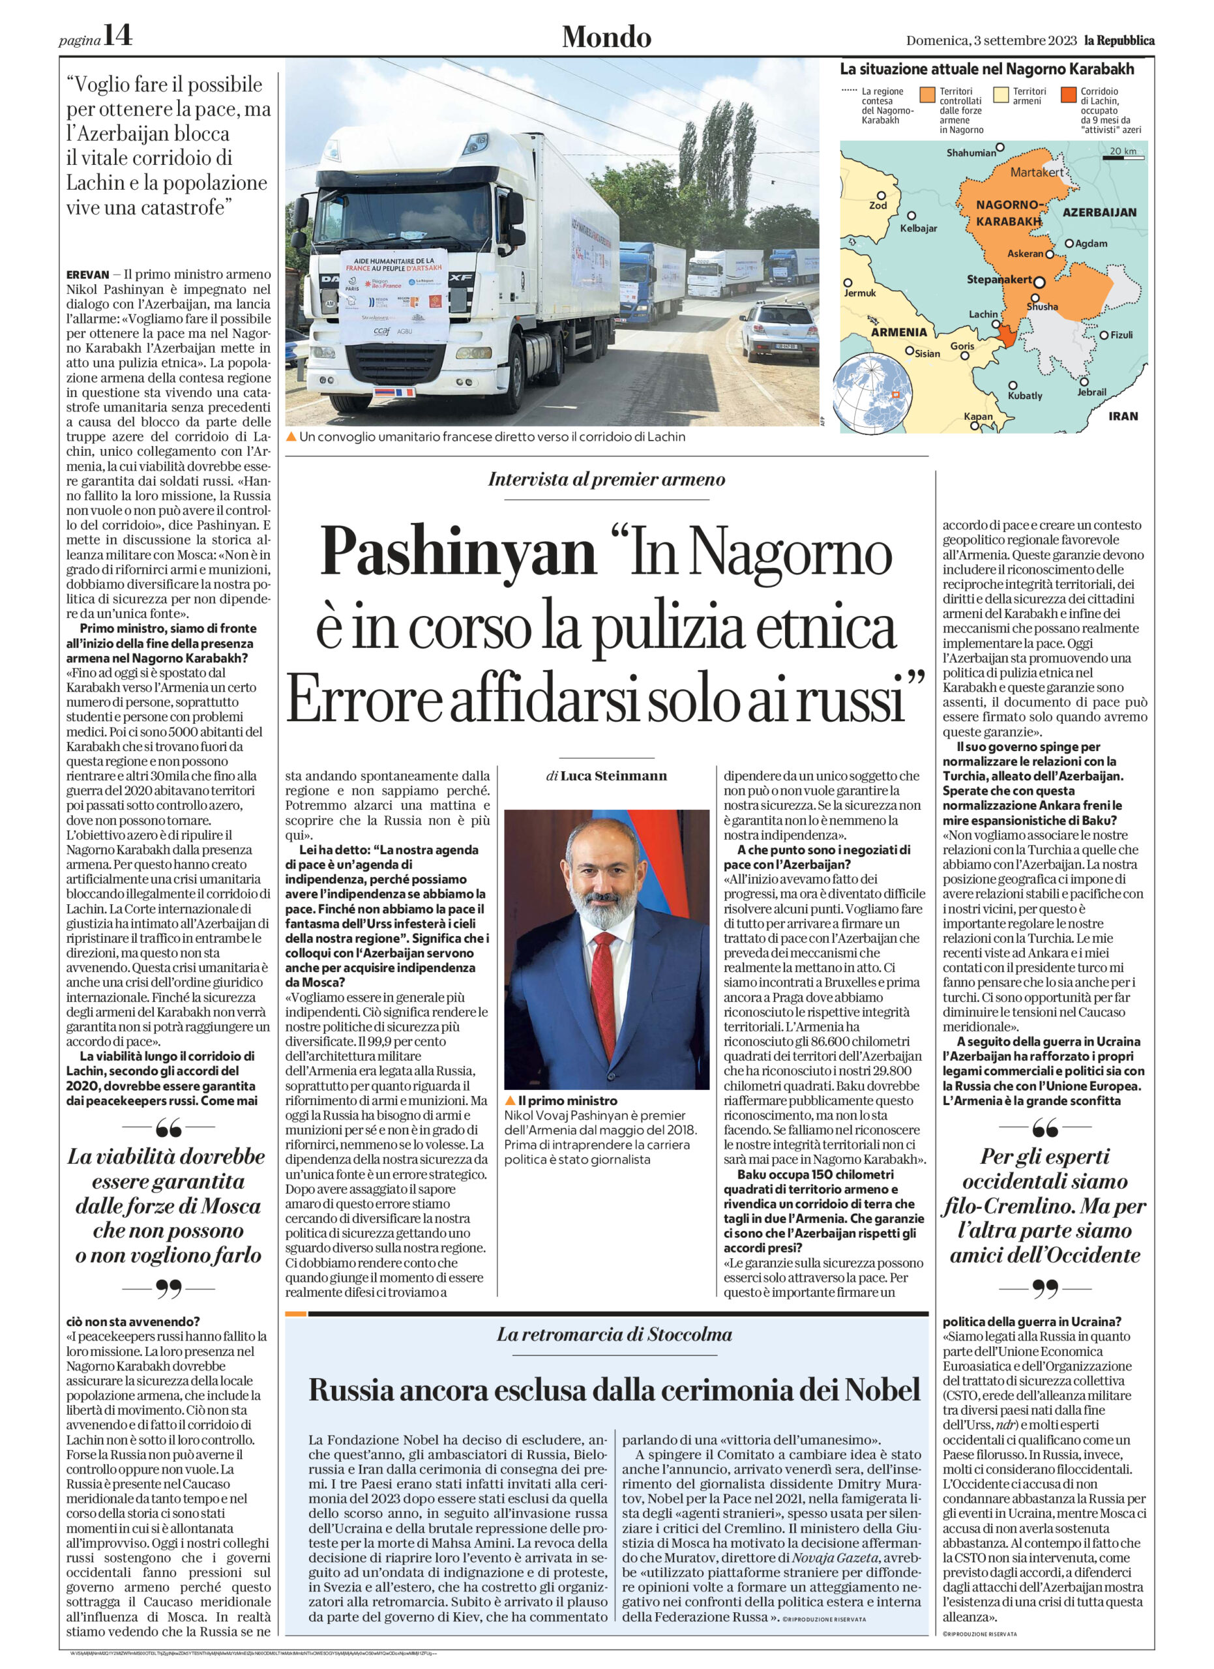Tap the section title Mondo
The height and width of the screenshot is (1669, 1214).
tap(606, 37)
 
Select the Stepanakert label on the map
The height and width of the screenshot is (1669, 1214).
tap(998, 280)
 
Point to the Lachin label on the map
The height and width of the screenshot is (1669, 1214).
tap(983, 314)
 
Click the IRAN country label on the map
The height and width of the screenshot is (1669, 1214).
tap(1123, 416)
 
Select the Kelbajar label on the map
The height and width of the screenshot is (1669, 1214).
tap(918, 228)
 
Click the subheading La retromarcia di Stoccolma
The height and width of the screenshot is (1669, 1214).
tap(614, 1334)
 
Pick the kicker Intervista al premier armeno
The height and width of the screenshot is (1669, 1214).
tap(606, 480)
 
